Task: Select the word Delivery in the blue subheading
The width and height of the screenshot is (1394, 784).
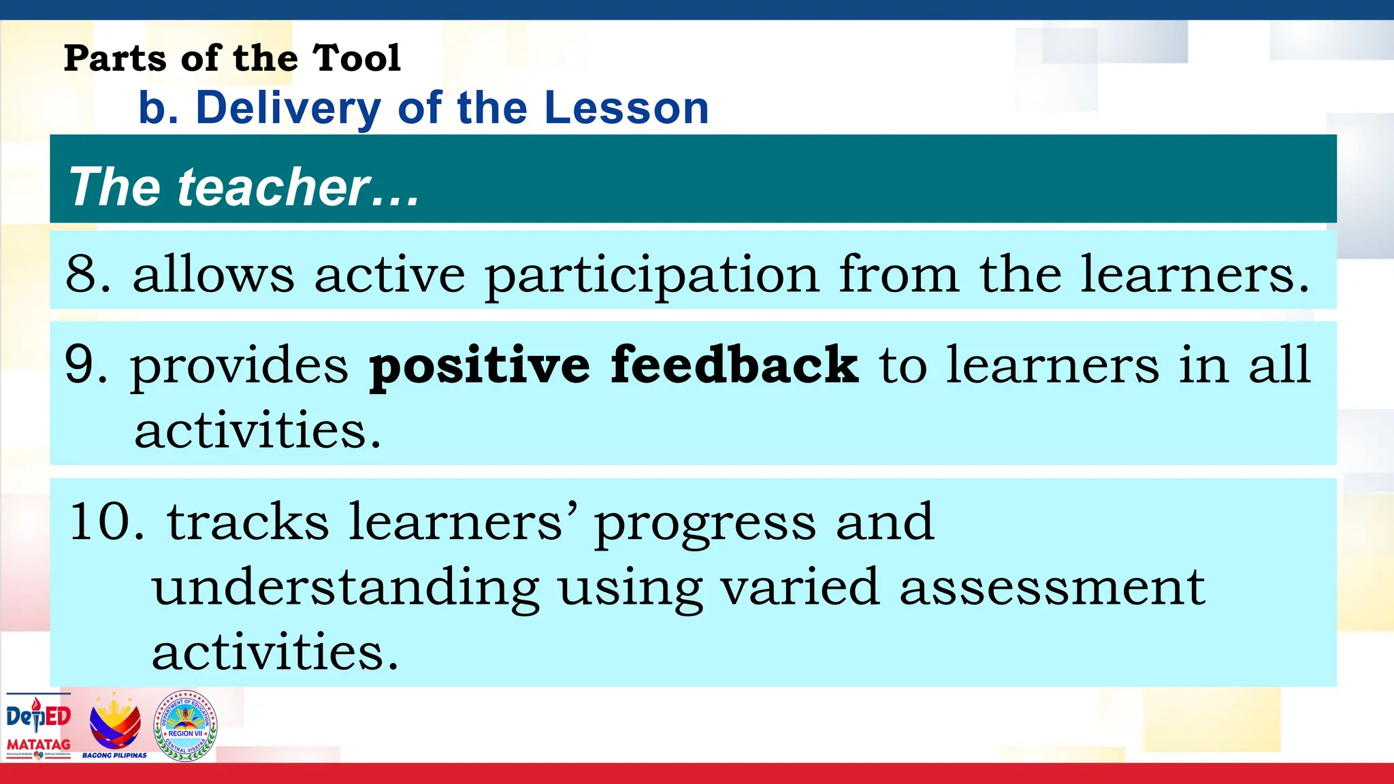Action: pos(288,109)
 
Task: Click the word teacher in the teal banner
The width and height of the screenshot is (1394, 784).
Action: pos(274,187)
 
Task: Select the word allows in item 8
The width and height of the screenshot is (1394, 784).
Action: pos(213,274)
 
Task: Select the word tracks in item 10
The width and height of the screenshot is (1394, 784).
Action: pos(248,522)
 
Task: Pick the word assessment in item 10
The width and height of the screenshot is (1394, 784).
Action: pos(1052,587)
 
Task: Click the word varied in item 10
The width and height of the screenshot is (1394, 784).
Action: pos(799,587)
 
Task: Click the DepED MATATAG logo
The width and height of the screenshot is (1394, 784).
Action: pos(38,725)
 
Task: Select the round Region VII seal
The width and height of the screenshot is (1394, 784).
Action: pos(186,725)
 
